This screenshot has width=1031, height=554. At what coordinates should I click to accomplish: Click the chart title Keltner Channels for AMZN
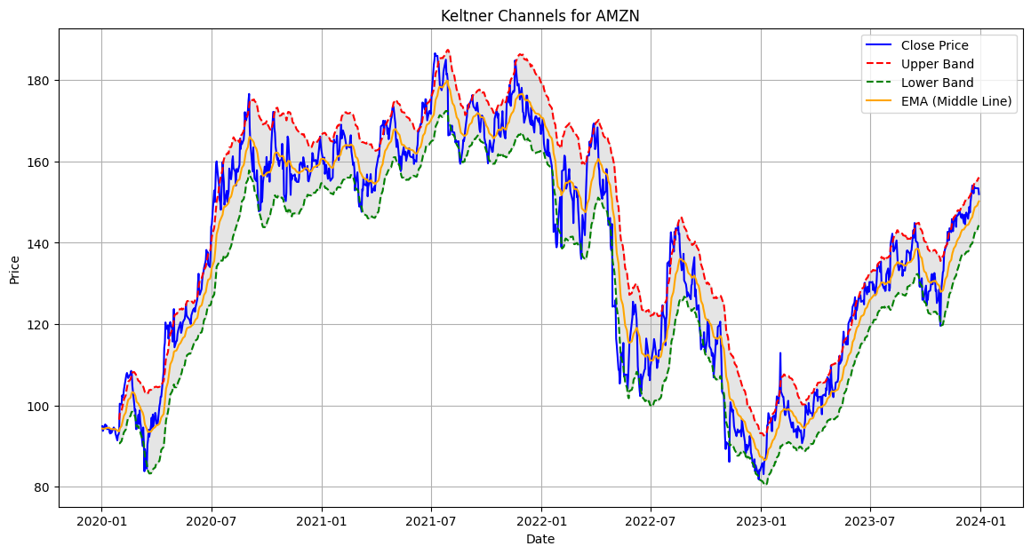coord(539,15)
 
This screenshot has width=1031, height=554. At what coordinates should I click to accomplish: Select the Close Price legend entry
coord(934,45)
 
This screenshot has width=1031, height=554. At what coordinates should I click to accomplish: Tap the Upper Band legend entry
coord(937,64)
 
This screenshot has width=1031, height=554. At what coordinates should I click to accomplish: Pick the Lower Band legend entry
coord(937,83)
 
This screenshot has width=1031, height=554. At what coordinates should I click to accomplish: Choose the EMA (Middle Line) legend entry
coord(956,101)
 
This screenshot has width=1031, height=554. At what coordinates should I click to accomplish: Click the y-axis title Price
coord(14,270)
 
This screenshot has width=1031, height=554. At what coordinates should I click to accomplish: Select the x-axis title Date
coord(539,539)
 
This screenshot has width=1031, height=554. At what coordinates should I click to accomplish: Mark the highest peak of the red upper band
coord(448,50)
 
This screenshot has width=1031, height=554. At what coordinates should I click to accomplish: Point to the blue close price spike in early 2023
coord(780,352)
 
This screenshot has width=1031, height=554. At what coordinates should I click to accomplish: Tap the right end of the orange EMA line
coord(979,200)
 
